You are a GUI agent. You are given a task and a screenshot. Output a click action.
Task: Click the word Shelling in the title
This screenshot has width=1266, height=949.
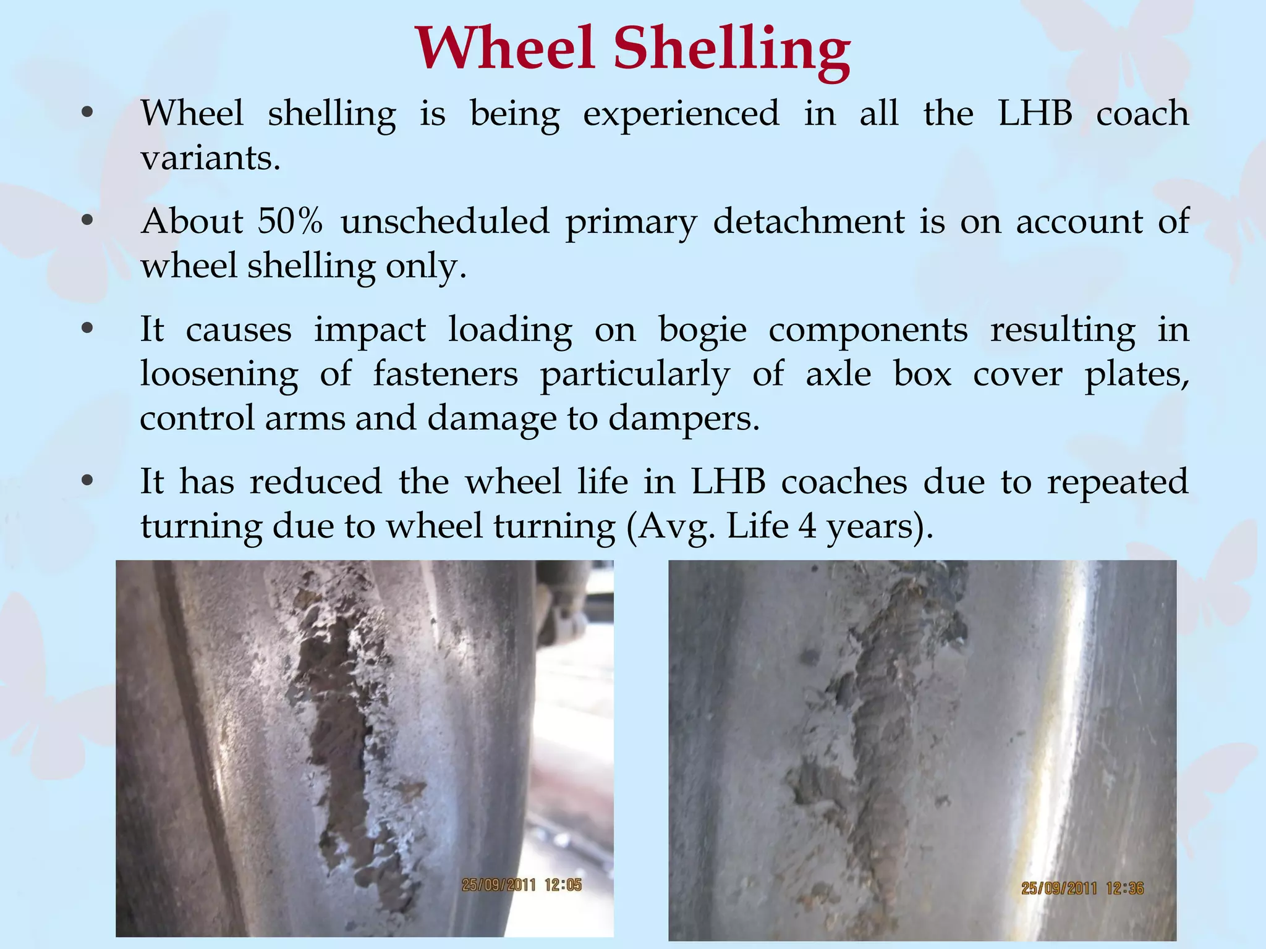(x=732, y=49)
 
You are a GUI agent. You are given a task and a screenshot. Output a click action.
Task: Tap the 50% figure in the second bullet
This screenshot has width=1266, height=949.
(x=290, y=221)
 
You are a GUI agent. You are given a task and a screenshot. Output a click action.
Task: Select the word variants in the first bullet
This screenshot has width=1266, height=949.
(x=210, y=158)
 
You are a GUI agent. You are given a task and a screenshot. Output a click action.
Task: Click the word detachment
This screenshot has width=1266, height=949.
(x=809, y=221)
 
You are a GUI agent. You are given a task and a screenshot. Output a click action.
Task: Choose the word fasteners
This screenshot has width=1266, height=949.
(x=445, y=374)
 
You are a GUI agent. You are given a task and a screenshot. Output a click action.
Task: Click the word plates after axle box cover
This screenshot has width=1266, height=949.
(x=1136, y=374)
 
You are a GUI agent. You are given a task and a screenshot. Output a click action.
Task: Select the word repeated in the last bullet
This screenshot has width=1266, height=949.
(x=1117, y=481)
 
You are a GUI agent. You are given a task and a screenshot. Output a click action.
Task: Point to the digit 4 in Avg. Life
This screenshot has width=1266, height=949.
(x=807, y=526)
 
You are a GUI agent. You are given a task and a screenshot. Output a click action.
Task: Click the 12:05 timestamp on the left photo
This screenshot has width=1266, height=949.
(x=563, y=885)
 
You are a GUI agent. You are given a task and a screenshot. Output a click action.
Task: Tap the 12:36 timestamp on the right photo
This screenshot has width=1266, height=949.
(x=1124, y=888)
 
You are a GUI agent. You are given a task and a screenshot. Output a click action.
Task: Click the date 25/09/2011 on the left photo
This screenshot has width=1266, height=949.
(x=498, y=885)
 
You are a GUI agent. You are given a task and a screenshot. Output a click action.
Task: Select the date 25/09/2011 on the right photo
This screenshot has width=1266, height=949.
(x=1058, y=888)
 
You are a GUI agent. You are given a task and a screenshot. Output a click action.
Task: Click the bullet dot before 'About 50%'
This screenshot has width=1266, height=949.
(x=87, y=220)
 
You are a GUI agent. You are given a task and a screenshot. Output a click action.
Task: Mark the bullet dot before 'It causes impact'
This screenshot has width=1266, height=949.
(x=87, y=329)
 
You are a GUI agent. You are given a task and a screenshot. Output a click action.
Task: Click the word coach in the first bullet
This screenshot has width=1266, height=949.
(x=1142, y=114)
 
